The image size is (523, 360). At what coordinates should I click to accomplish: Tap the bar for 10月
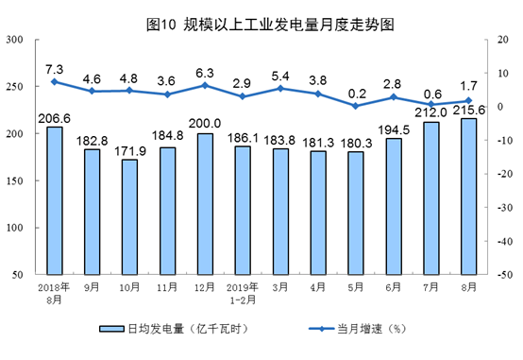click(x=130, y=217)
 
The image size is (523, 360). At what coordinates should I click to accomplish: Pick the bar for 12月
click(x=205, y=203)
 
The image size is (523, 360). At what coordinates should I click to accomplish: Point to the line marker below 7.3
click(x=56, y=81)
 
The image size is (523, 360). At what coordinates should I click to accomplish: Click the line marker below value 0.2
click(x=355, y=106)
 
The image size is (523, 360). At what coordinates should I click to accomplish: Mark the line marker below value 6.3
click(x=205, y=85)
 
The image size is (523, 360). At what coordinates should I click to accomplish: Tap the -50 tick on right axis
click(x=502, y=274)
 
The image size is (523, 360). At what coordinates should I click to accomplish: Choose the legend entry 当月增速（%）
click(x=363, y=330)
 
